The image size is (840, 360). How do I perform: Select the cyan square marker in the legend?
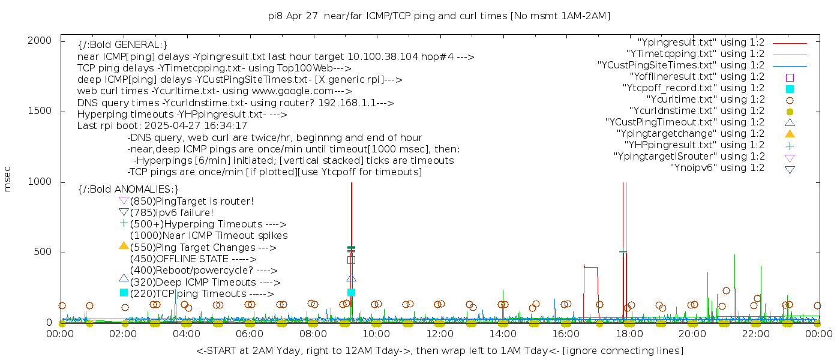790,88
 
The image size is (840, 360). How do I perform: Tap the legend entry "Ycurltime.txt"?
705,100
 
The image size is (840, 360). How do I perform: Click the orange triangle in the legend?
790,134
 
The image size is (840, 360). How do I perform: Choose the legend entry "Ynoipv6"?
717,168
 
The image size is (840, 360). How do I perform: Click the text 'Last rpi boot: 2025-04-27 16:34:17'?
162,126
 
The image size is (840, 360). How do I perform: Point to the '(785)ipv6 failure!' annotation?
172,213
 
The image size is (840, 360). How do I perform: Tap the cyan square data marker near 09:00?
352,292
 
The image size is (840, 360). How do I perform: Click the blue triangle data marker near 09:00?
352,278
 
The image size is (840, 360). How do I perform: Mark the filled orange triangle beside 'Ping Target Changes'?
124,245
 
